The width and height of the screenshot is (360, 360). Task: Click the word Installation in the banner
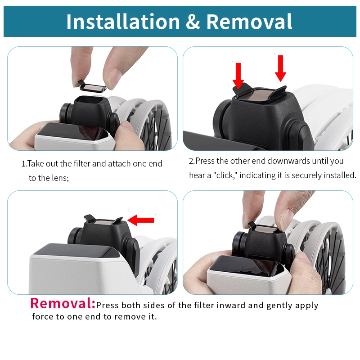tap(123, 22)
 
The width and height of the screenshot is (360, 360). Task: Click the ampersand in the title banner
tap(193, 22)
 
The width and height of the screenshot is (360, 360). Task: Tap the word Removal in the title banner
tap(249, 22)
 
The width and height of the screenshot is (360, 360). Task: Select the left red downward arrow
tap(238, 76)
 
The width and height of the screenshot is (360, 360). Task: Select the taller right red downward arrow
tap(280, 68)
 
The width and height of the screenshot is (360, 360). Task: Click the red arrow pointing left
tap(140, 220)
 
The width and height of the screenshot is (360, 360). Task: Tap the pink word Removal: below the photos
tap(63, 303)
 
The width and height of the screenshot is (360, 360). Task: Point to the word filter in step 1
tap(82, 163)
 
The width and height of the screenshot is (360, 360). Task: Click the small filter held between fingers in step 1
tap(92, 86)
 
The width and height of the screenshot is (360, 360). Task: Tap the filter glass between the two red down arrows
tap(260, 95)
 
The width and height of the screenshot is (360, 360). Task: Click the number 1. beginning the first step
tap(24, 164)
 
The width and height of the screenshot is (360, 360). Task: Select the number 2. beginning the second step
tap(192, 161)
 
